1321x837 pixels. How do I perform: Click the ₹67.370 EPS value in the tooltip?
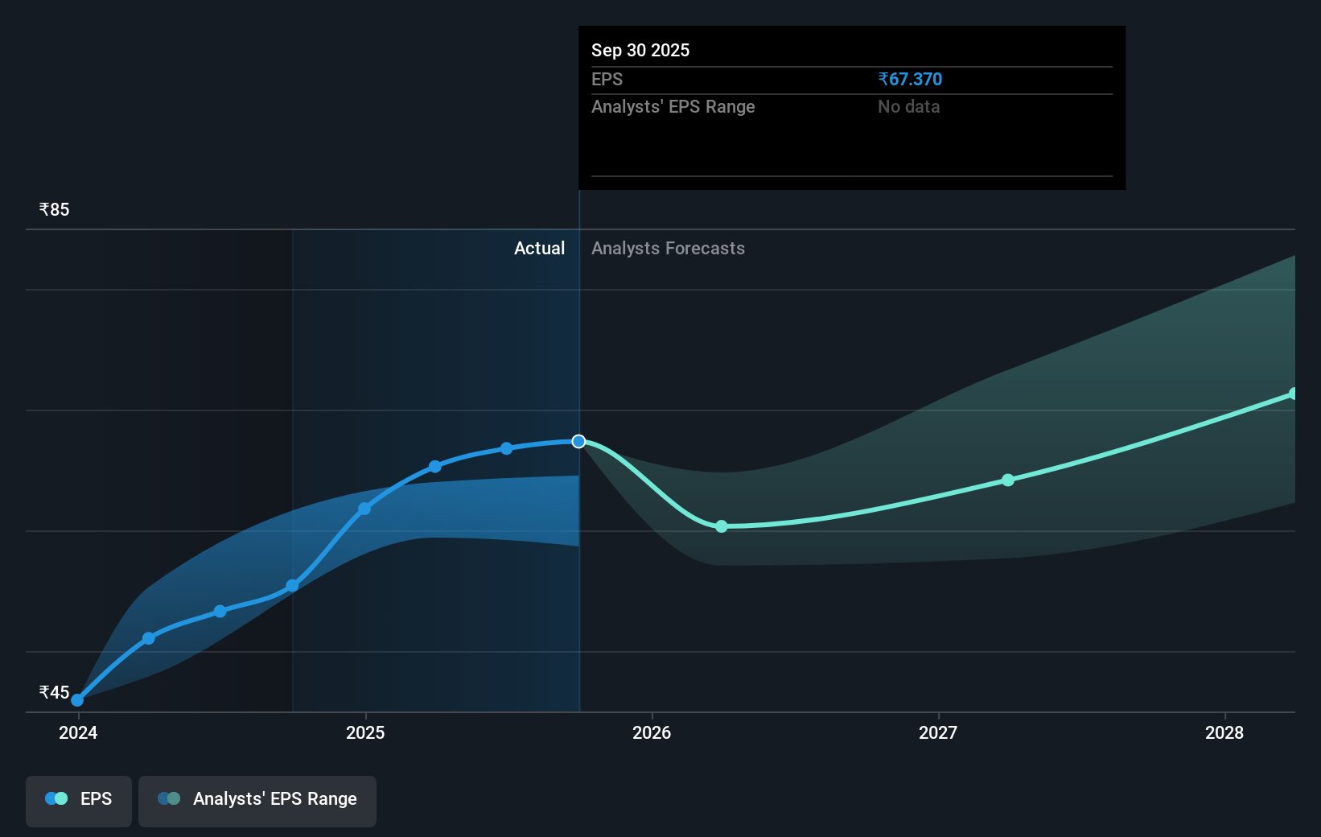point(910,80)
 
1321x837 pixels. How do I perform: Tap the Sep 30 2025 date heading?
point(640,51)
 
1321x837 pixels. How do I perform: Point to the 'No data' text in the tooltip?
point(908,107)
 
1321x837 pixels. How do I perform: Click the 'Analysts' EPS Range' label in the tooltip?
point(673,107)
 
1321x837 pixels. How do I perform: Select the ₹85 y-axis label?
point(55,210)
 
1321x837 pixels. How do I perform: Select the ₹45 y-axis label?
point(55,693)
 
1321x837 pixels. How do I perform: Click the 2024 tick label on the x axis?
point(78,733)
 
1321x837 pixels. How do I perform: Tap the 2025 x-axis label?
point(365,733)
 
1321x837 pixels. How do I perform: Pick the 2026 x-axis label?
point(652,733)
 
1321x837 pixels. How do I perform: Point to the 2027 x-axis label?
point(938,733)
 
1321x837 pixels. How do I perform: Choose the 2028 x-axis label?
point(1224,733)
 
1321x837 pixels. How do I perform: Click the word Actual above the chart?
point(539,249)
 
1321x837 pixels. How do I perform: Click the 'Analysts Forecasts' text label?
point(668,249)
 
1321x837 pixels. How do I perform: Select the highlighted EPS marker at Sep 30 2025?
point(578,441)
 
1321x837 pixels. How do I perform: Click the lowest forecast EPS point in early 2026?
point(722,526)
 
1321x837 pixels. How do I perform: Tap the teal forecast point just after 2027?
point(1008,480)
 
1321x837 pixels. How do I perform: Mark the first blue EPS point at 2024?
point(77,700)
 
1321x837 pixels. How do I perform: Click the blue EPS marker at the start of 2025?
point(364,509)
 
